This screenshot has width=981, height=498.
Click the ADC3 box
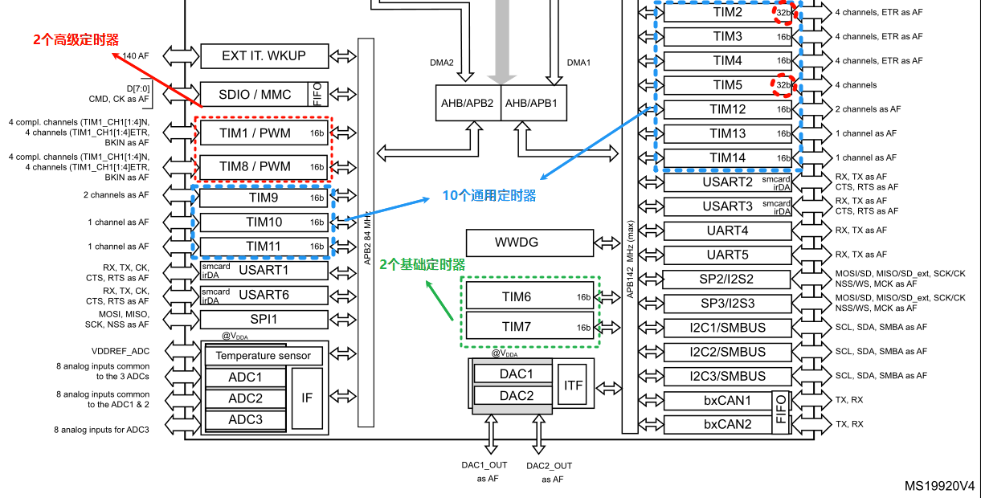coord(245,419)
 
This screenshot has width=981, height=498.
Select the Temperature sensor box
coord(264,356)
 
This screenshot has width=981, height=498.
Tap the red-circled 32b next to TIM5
coord(783,84)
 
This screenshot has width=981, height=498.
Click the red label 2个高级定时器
coord(76,39)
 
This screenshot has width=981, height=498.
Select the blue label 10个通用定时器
coord(489,196)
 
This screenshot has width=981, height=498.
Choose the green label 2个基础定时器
coord(423,264)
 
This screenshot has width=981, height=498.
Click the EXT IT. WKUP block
coord(264,56)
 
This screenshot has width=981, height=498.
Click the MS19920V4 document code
coord(939,486)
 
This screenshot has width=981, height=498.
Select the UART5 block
coord(727,255)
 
